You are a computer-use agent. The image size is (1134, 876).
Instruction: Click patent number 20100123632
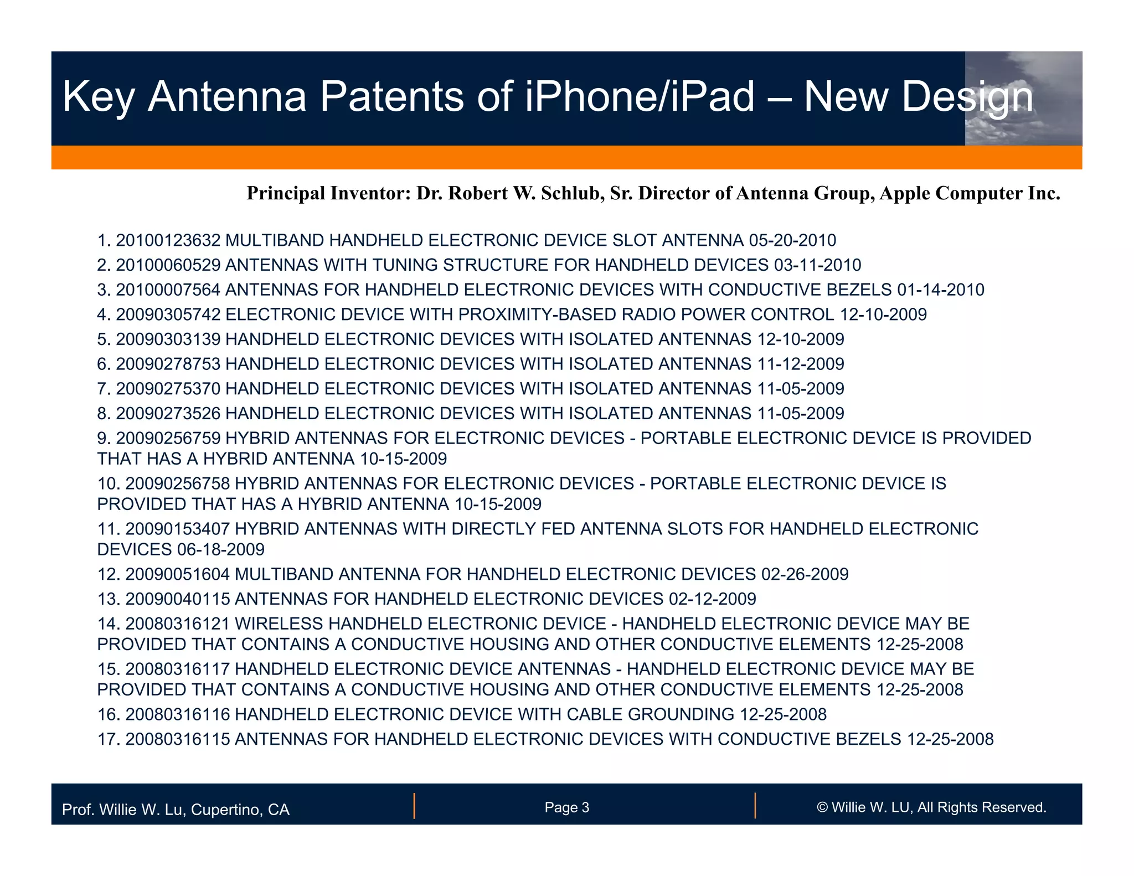point(168,240)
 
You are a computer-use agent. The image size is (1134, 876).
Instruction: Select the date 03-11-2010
point(817,265)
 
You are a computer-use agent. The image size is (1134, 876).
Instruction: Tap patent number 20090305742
point(168,315)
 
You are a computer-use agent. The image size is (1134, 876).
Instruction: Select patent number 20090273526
point(168,414)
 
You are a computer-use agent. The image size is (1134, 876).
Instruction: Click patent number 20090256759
point(168,439)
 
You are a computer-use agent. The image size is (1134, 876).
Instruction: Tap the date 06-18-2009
point(221,549)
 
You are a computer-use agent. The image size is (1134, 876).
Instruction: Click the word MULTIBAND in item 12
point(283,574)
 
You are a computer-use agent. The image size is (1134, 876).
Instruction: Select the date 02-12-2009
point(713,599)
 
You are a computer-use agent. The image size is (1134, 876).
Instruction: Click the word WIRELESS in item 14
point(279,624)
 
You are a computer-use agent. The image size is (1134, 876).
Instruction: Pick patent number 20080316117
point(178,669)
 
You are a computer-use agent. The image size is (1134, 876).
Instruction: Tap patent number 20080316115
point(178,739)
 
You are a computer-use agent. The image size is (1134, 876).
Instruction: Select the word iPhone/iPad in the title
point(640,97)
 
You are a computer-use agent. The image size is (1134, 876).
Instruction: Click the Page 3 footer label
point(566,807)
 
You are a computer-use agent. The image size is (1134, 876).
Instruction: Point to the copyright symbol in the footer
point(822,807)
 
